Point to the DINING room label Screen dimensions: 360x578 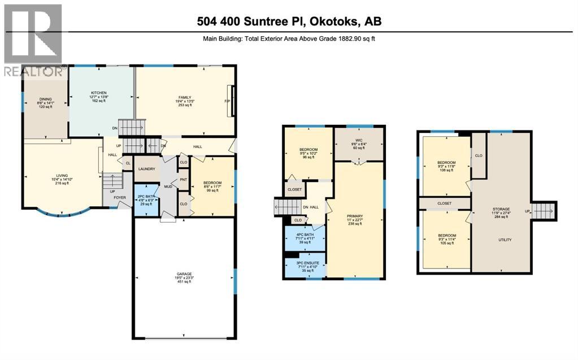pyautogui.click(x=45, y=98)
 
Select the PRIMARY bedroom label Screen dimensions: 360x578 pyautogui.click(x=355, y=216)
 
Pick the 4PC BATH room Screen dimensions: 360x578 pyautogui.click(x=305, y=235)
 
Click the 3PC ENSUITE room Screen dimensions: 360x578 pyautogui.click(x=305, y=263)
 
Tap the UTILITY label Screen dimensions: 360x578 pyautogui.click(x=505, y=240)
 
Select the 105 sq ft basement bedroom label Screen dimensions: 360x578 pyautogui.click(x=446, y=235)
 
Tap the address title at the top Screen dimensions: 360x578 pyautogui.click(x=289, y=22)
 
